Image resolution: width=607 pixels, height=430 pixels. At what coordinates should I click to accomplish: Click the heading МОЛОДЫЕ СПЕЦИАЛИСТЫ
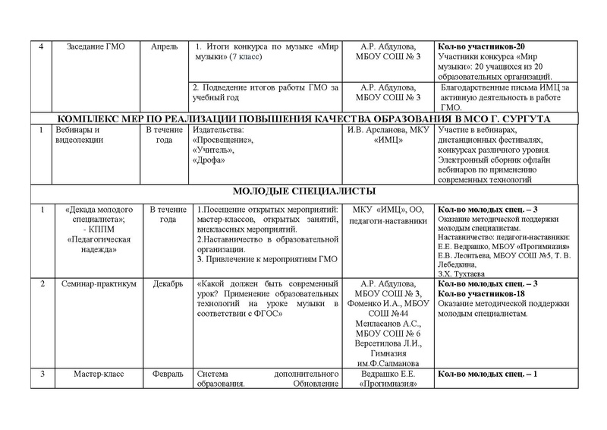[x=301, y=191]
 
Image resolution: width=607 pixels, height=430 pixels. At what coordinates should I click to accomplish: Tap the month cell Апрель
[x=163, y=47]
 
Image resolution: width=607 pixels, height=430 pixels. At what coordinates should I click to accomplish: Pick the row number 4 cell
[x=39, y=47]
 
